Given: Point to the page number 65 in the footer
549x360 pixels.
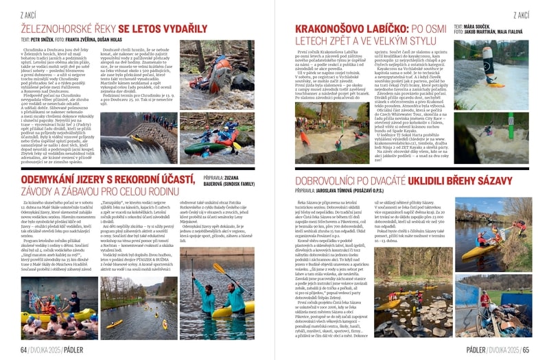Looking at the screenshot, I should tap(525, 348).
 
